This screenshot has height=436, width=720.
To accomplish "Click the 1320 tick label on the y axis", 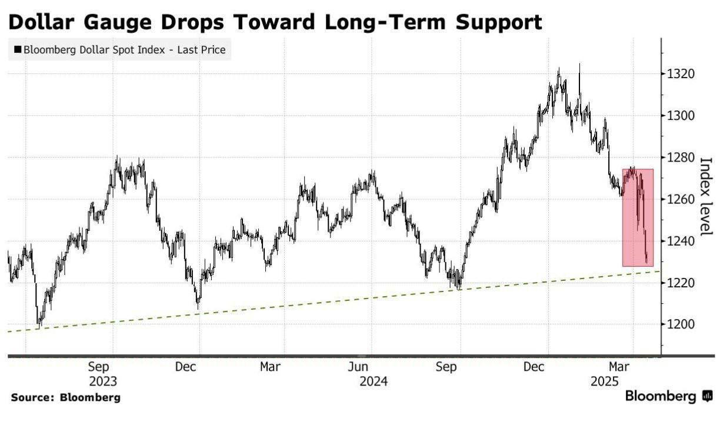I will (x=681, y=74).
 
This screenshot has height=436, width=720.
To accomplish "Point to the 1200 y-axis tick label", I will (x=681, y=324).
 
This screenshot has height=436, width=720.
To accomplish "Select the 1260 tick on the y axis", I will (x=681, y=199).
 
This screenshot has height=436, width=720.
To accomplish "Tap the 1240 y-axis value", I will (x=681, y=241).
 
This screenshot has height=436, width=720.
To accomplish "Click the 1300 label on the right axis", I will (x=681, y=116).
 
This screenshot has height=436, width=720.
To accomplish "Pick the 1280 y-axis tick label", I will (x=681, y=157).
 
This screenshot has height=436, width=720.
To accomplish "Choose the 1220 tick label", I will (x=681, y=283).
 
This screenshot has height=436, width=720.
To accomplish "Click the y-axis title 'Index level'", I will (x=705, y=196).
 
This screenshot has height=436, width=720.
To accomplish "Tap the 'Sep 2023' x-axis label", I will (x=102, y=374).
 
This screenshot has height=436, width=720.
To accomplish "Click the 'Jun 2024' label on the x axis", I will (x=374, y=374).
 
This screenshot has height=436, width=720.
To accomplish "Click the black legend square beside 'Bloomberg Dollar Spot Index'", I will (x=18, y=50).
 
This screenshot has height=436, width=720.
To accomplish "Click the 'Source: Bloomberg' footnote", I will (x=65, y=398).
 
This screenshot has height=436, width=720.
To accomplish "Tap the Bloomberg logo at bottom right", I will (x=668, y=397).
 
